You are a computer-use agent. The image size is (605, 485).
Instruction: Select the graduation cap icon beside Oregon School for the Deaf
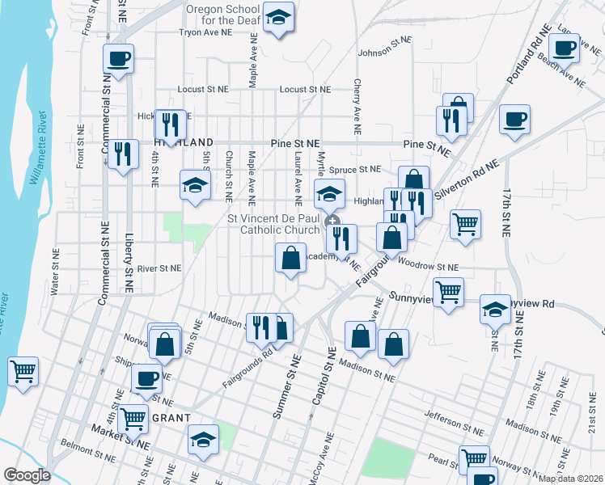[278, 18]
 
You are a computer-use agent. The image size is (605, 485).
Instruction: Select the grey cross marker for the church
[332, 221]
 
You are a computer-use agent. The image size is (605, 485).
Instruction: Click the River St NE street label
[159, 268]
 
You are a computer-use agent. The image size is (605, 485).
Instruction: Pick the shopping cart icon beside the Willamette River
[23, 371]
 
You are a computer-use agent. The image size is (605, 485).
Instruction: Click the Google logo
[27, 475]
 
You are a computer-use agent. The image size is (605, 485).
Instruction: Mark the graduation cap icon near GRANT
[203, 440]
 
